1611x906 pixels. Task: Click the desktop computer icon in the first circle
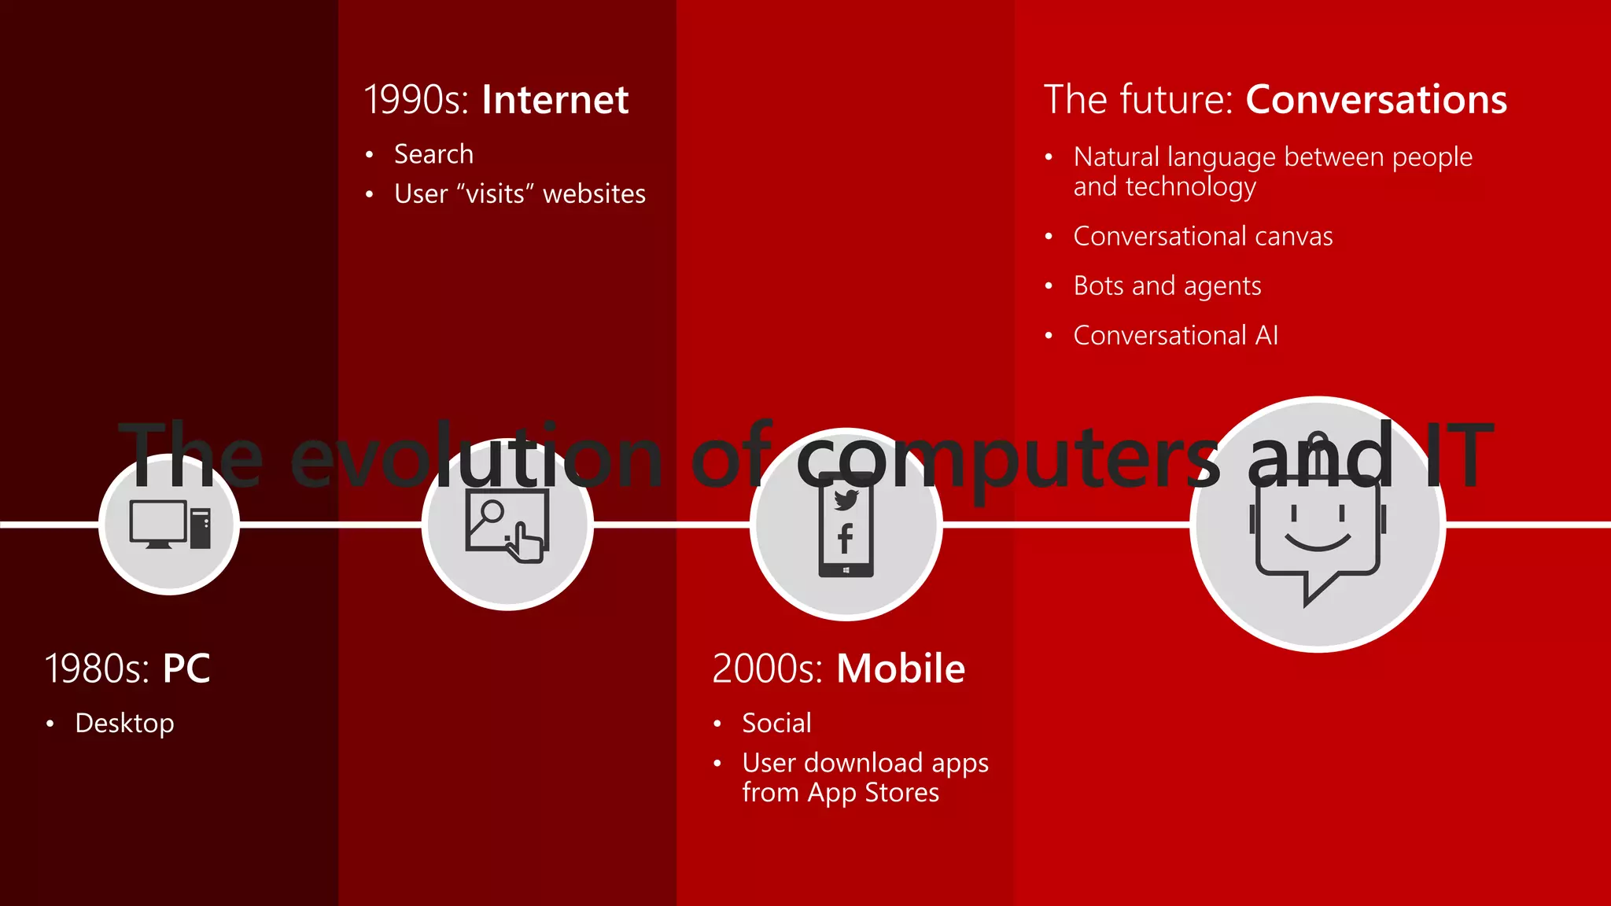click(x=169, y=525)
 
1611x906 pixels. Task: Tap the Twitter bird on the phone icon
click(x=846, y=499)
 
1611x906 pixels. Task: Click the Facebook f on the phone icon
click(x=846, y=539)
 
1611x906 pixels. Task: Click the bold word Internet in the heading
click(x=555, y=100)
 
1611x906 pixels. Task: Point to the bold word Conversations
click(x=1376, y=100)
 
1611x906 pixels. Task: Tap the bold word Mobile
click(x=900, y=668)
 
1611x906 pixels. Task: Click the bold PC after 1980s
click(x=186, y=668)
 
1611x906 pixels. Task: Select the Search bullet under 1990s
click(x=433, y=154)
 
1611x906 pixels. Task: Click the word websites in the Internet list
click(x=594, y=193)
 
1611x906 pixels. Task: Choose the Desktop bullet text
click(x=124, y=723)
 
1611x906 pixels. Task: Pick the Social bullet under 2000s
click(x=776, y=723)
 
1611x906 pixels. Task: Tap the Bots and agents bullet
click(x=1167, y=285)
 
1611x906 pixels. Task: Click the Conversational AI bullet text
click(x=1175, y=335)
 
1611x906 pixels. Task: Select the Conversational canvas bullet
click(x=1203, y=236)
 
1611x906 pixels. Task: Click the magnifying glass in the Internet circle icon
click(x=492, y=511)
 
